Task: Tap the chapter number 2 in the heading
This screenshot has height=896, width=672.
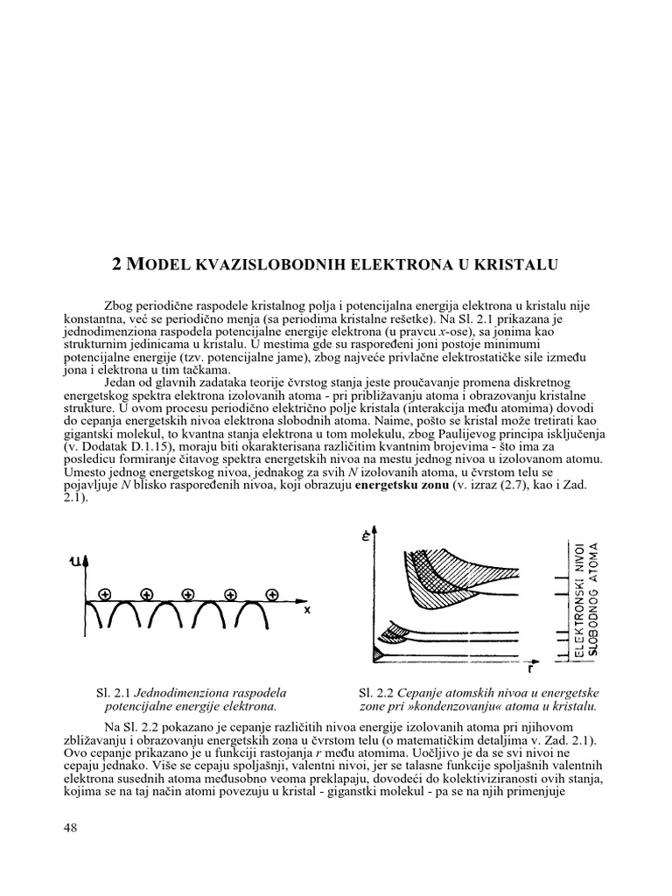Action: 121,263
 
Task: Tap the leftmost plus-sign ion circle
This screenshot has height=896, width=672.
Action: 105,594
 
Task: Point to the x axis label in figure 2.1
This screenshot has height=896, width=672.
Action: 307,612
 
